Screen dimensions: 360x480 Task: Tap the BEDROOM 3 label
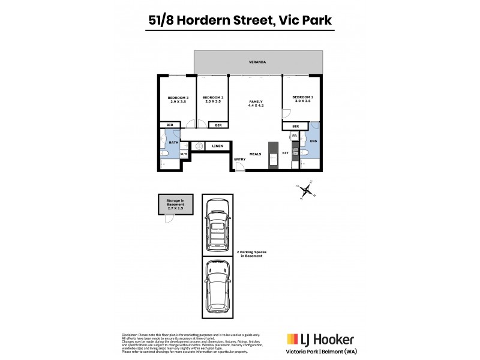click(178, 98)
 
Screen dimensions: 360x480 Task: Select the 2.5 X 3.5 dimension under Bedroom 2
click(213, 102)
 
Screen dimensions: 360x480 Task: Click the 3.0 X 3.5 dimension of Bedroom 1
click(302, 102)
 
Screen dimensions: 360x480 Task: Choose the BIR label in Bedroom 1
click(296, 126)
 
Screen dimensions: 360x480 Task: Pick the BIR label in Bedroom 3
click(170, 125)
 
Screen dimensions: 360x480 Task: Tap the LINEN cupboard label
click(218, 146)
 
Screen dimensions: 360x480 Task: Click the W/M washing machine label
click(184, 154)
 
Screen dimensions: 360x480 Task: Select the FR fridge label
click(294, 137)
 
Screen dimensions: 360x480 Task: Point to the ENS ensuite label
click(313, 141)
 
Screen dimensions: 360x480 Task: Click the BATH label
click(173, 142)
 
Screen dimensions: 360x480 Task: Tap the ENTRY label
click(239, 159)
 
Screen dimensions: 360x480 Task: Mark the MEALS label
click(256, 154)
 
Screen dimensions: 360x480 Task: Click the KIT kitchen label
click(286, 154)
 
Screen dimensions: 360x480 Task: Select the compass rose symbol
click(306, 192)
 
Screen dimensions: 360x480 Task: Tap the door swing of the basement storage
click(169, 218)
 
